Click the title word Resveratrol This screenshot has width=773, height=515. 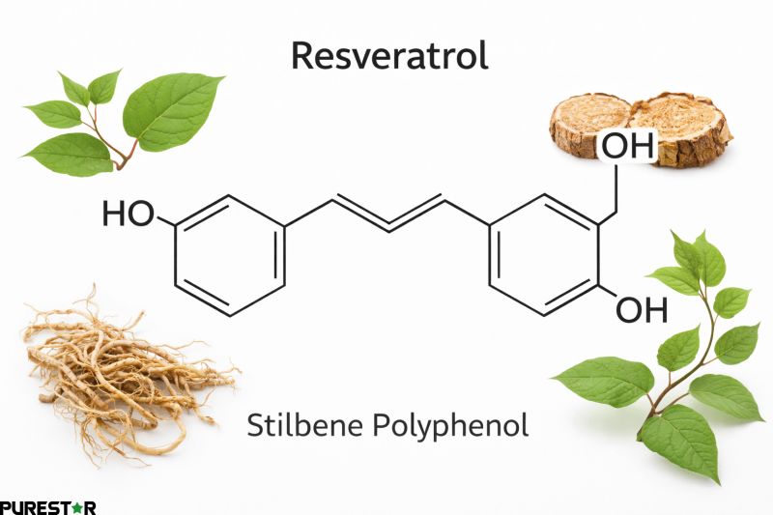pos(389,55)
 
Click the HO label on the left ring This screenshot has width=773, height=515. pos(129,215)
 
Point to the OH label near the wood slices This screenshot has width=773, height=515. pos(628,148)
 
